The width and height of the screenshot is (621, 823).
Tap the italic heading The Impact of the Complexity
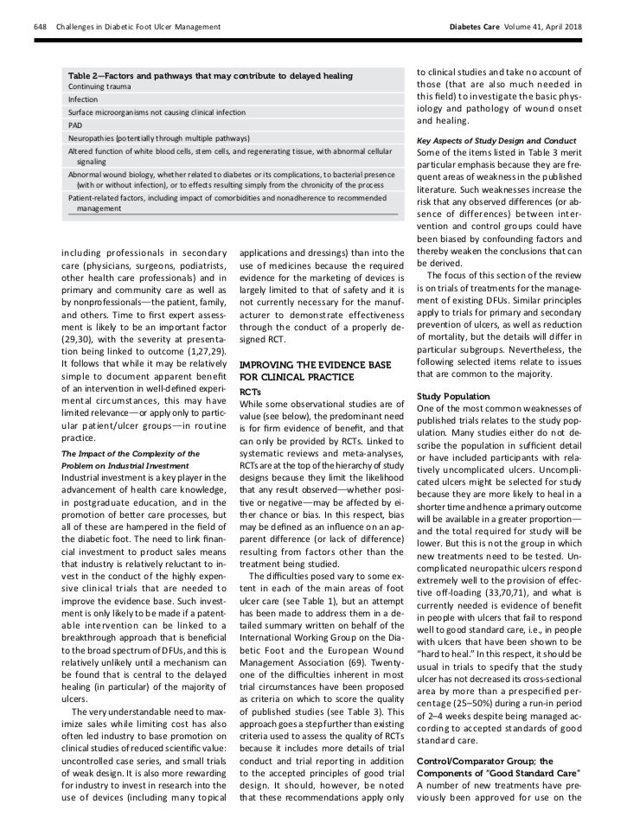(131, 453)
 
